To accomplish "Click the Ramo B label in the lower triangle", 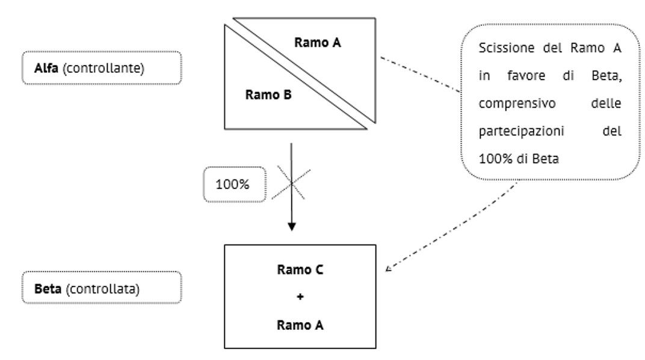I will coord(269,95).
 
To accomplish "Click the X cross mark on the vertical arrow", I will coord(292,183).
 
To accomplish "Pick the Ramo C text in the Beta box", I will coord(300,270).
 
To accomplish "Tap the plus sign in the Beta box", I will coord(300,297).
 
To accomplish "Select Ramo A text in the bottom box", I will coord(300,325).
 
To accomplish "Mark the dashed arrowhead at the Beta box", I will coord(388,268).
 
